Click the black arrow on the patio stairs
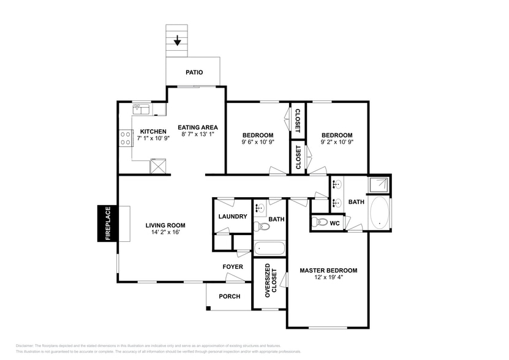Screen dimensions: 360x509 (x=178, y=41)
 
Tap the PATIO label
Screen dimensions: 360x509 (x=194, y=72)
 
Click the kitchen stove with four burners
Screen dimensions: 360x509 (x=126, y=138)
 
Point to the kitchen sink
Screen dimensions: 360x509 (x=141, y=110)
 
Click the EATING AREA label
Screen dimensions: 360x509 (x=198, y=127)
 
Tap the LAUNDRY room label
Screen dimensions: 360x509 (x=233, y=216)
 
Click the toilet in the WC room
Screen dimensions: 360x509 (x=318, y=222)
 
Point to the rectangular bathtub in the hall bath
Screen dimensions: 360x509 (x=270, y=249)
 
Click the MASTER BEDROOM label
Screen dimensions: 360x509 (x=328, y=270)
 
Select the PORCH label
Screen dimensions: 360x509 (x=230, y=296)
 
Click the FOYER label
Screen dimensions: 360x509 (x=232, y=267)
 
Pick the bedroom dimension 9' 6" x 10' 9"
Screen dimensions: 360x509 (x=257, y=142)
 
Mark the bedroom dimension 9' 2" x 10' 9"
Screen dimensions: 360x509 (x=337, y=142)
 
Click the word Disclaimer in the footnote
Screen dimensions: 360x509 (x=25, y=346)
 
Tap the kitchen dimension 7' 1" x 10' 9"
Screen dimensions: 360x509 (x=153, y=138)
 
